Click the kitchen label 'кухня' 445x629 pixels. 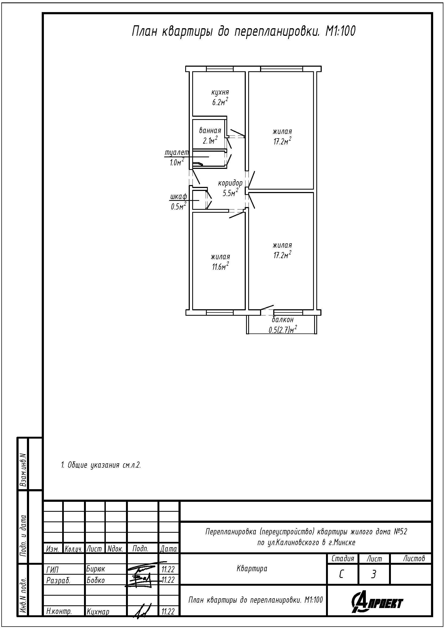point(220,93)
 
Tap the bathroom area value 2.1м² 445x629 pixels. point(210,140)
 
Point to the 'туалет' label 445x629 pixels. point(177,153)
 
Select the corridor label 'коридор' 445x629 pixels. point(230,183)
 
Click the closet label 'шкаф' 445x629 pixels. point(179,197)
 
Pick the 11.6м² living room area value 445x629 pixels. point(220,266)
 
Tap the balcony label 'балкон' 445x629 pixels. point(283,319)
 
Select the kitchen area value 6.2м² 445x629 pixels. point(220,102)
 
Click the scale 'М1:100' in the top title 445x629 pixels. point(340,31)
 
